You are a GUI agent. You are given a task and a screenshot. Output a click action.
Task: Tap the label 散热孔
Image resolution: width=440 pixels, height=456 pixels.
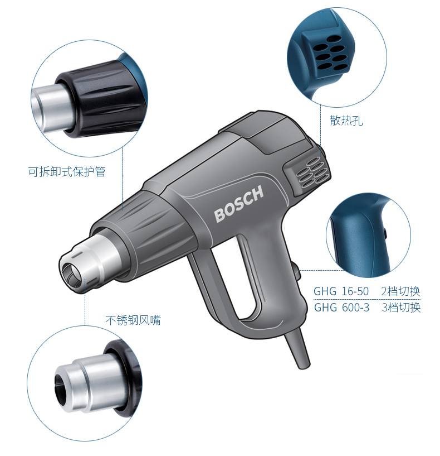click(x=346, y=120)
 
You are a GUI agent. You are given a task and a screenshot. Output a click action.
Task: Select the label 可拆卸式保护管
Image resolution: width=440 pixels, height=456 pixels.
click(x=67, y=171)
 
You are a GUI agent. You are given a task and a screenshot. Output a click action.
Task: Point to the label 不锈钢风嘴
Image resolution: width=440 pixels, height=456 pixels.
click(x=133, y=320)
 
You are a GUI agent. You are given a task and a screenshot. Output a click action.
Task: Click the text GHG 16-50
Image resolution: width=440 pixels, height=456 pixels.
click(x=341, y=291)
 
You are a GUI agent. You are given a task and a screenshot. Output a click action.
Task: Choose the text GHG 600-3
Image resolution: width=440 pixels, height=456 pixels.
click(x=341, y=308)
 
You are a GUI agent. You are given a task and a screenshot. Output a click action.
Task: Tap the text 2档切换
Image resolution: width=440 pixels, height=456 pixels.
click(x=400, y=291)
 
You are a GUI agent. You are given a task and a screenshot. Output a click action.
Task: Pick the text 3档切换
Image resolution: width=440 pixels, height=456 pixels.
click(x=401, y=308)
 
